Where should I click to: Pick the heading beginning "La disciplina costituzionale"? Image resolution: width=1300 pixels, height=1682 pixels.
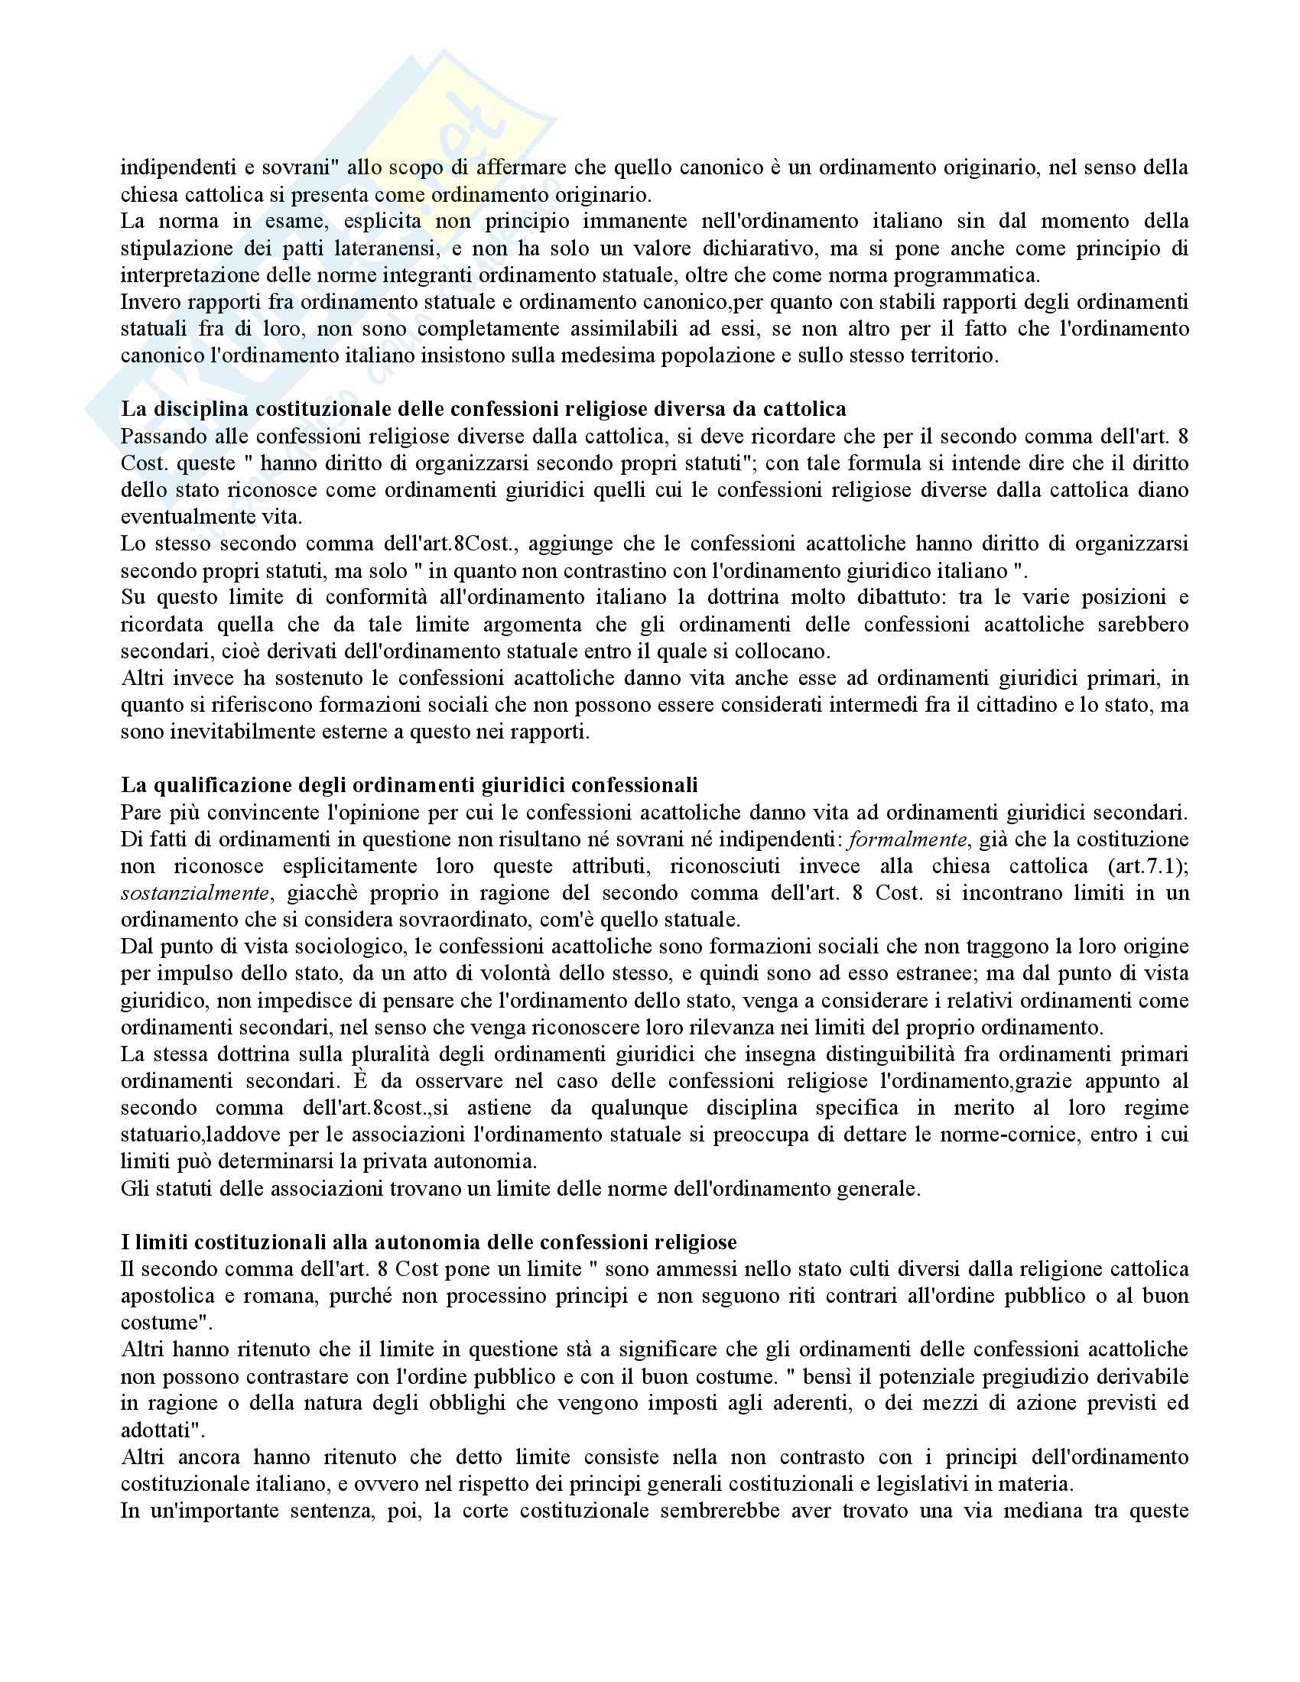483,409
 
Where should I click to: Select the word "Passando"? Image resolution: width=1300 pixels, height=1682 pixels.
159,437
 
